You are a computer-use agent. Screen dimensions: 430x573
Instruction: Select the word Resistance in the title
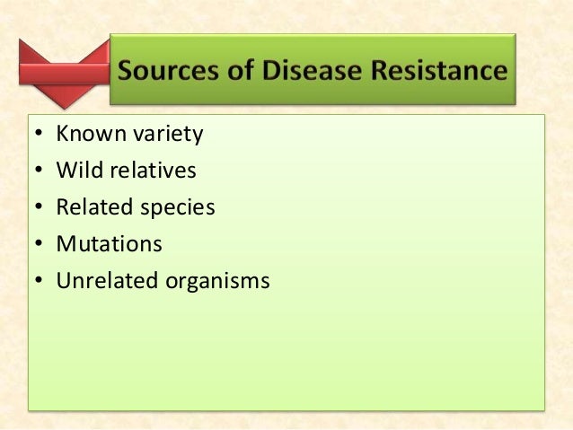tap(442, 70)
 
